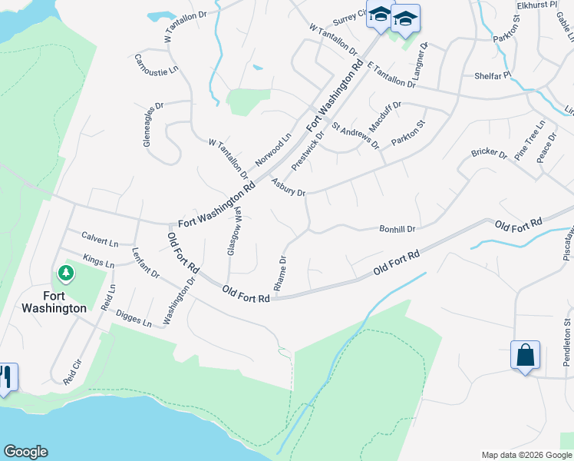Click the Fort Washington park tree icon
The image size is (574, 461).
coord(66,273)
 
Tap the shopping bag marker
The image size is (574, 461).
coord(525,356)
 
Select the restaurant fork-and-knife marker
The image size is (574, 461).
coord(6,376)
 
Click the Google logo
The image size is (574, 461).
coord(25,452)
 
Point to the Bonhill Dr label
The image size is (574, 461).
coord(397,229)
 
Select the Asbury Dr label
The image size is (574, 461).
coord(289,187)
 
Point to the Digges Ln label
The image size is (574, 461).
coord(134,318)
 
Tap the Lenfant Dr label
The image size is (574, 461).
coord(145,262)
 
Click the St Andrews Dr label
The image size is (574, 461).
coord(355,134)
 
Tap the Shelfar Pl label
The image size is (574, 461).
coord(493,75)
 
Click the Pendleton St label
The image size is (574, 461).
coord(569,338)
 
